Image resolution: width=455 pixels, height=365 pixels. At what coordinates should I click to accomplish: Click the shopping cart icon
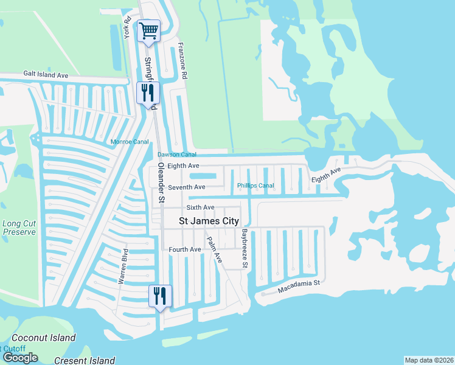coord(148,30)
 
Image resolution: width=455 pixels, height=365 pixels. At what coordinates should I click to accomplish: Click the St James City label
coord(209,221)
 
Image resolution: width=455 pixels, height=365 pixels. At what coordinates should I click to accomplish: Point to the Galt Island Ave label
coord(46,75)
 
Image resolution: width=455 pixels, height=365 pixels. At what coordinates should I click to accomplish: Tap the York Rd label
coord(128,28)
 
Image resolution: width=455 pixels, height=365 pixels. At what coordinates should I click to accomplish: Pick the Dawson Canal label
coord(176,154)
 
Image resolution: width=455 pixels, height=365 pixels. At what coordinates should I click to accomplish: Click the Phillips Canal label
coord(255,186)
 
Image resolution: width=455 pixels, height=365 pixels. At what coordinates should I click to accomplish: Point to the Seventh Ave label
coord(187,187)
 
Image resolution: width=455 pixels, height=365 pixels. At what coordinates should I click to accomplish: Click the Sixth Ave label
coord(200,207)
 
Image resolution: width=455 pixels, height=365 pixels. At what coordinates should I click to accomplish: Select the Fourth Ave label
coord(185,249)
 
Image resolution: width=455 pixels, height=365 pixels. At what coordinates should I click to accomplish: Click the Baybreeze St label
coord(244,249)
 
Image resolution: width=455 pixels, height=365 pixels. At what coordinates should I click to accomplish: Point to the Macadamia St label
coord(299,285)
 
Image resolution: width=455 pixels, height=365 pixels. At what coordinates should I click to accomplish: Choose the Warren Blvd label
coord(122,266)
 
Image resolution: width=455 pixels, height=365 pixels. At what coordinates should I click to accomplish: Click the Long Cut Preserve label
coord(20,228)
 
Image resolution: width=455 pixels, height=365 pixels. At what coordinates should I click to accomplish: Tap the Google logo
coord(20,357)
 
